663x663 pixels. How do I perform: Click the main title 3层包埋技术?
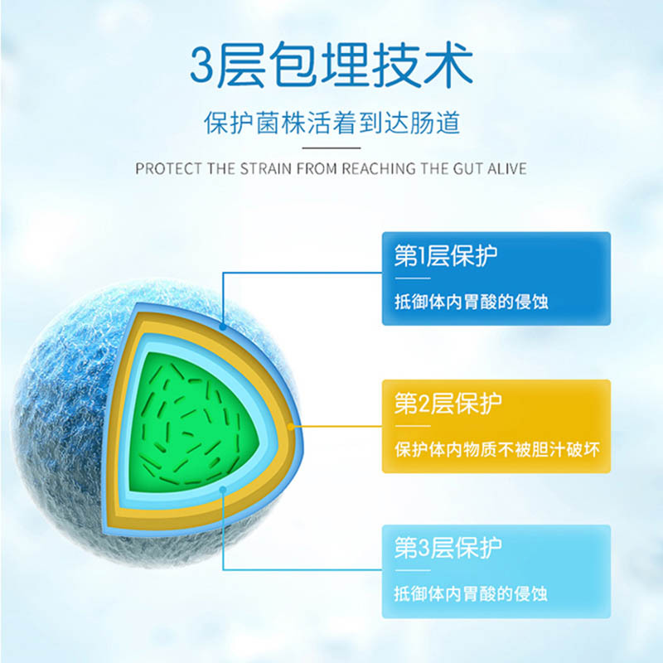click(x=331, y=65)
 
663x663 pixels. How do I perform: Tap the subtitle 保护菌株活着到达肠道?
click(x=332, y=123)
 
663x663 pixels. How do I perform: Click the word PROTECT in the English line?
click(x=168, y=169)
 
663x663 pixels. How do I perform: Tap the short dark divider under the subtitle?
click(x=331, y=148)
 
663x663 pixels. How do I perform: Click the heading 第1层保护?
click(x=446, y=255)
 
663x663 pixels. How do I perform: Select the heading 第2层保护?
click(x=448, y=403)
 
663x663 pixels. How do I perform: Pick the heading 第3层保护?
click(x=448, y=548)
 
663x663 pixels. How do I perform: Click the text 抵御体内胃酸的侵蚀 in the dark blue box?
click(x=472, y=302)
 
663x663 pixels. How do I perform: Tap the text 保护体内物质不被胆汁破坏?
click(x=497, y=449)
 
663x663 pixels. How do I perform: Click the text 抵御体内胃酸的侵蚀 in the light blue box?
click(x=471, y=593)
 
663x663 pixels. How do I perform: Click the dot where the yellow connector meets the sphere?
click(x=291, y=426)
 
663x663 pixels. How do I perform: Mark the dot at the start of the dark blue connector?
click(x=223, y=327)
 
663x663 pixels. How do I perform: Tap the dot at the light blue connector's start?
click(x=223, y=490)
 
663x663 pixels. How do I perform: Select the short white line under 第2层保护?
click(x=413, y=426)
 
